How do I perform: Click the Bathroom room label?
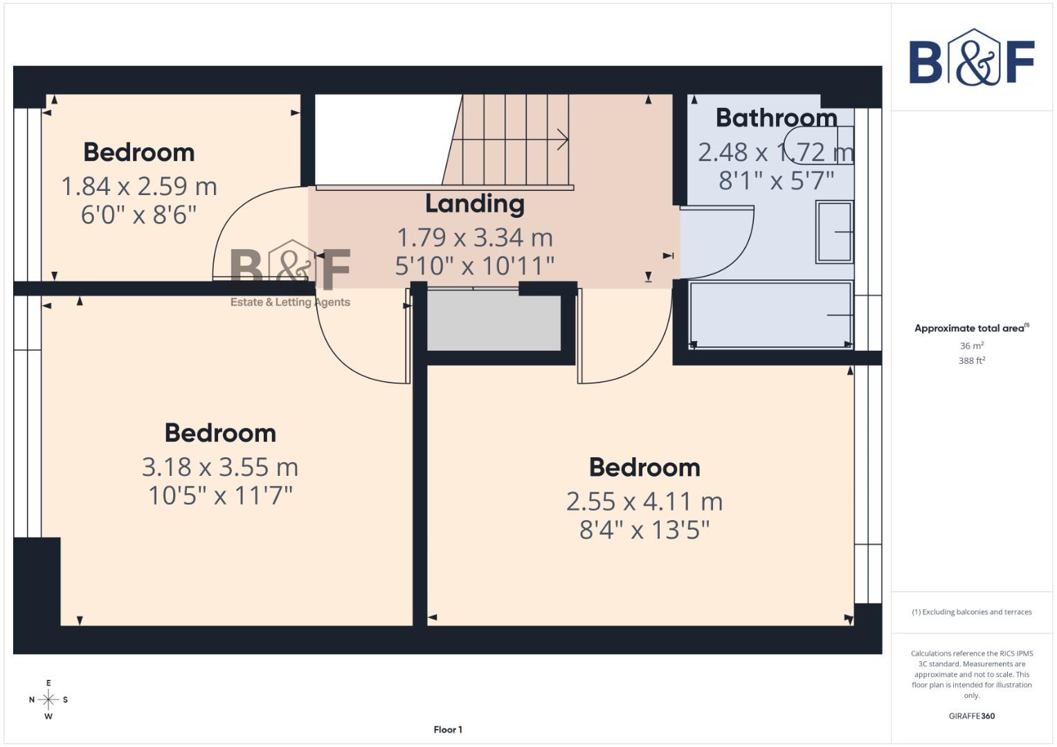(776, 118)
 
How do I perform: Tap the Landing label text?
(475, 204)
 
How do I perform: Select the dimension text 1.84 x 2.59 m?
(139, 186)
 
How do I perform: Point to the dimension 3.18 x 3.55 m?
(220, 467)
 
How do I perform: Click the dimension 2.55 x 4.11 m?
(644, 501)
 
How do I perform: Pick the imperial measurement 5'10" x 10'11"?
(475, 266)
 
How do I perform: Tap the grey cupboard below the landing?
(494, 321)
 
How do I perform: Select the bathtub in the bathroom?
(770, 315)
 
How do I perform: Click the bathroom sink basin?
(834, 232)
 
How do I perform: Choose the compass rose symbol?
(48, 700)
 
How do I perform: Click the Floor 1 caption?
(448, 730)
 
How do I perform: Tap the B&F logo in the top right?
(971, 58)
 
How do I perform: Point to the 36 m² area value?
(971, 346)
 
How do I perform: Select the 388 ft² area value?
(971, 361)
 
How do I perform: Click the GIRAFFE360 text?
(971, 716)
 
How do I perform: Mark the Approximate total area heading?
(971, 329)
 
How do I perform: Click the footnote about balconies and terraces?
(971, 612)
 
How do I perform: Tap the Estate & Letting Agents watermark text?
(290, 302)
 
